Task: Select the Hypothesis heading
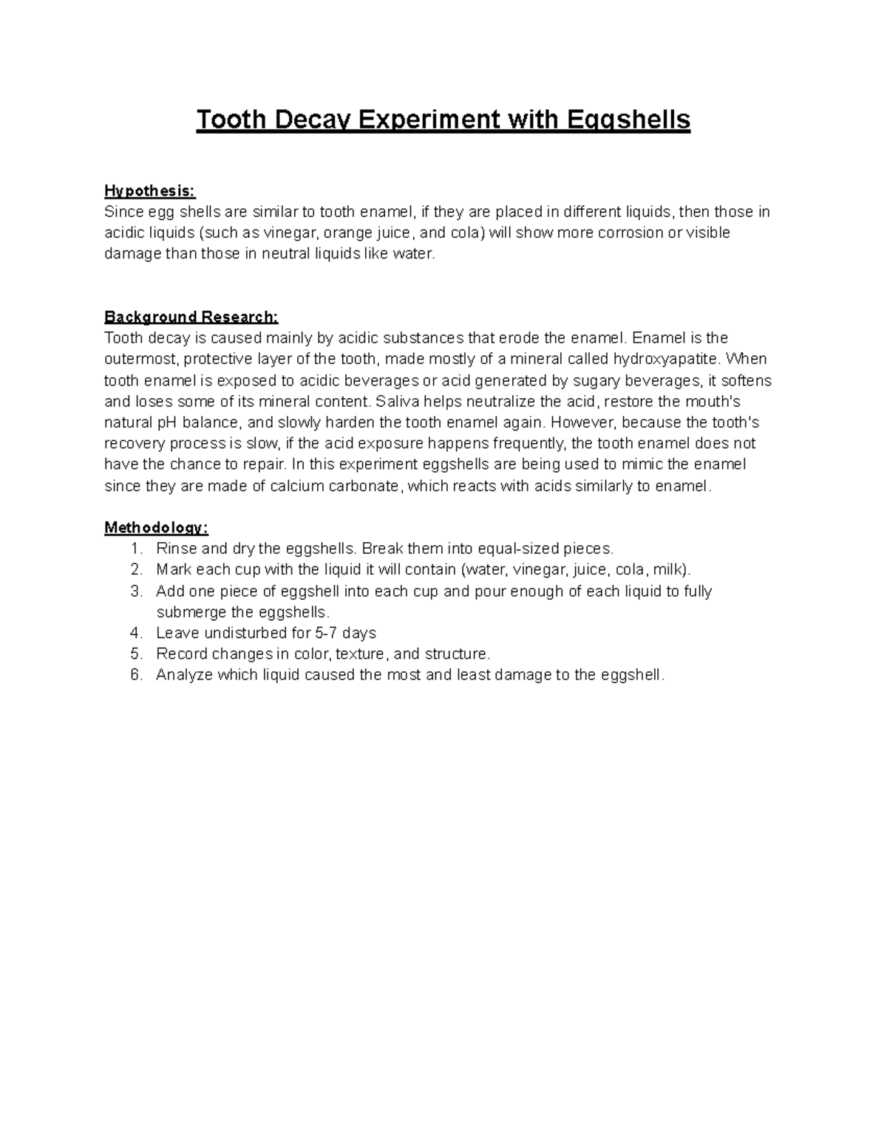(149, 191)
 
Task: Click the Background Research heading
(191, 318)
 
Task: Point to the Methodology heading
(156, 528)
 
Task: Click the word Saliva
(398, 402)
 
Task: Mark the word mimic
(643, 465)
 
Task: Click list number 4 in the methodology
(135, 633)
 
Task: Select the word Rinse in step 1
(175, 549)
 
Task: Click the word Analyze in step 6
(184, 675)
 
